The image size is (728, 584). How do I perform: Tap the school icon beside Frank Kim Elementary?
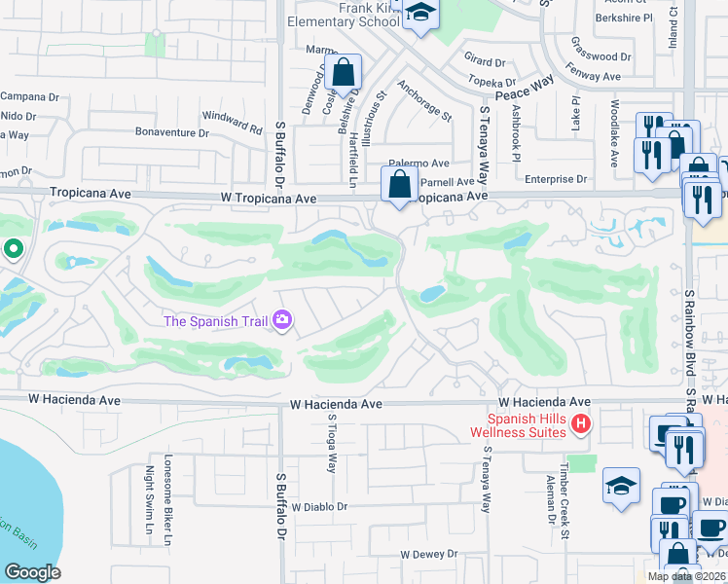point(420,14)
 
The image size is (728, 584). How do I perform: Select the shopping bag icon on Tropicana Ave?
point(399,183)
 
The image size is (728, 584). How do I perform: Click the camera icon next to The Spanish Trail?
point(282,319)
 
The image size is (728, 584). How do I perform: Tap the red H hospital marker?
point(581,423)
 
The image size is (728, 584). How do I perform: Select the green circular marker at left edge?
point(13,250)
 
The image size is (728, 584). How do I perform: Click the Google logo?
point(33,571)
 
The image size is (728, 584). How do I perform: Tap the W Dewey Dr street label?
point(429,554)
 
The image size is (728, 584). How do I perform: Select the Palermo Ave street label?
point(420,164)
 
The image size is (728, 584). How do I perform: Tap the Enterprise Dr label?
point(556,179)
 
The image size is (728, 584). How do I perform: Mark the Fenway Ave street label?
point(597,75)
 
